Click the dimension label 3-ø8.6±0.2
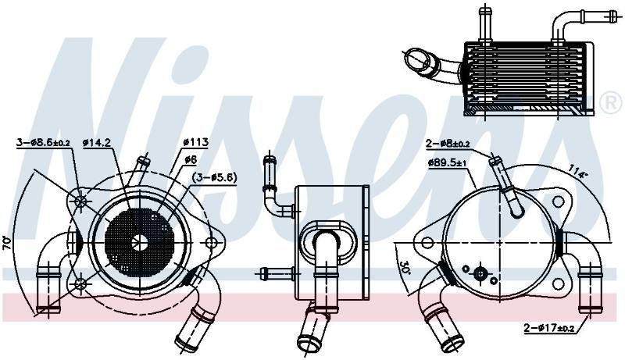(x=43, y=142)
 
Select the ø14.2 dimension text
(x=96, y=142)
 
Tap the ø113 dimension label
(x=196, y=142)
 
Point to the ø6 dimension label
(x=191, y=159)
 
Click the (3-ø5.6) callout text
(x=214, y=177)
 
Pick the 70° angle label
(x=7, y=244)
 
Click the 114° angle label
(x=578, y=171)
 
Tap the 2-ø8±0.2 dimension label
(x=448, y=144)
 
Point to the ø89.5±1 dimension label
(x=448, y=162)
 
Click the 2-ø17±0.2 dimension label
(x=550, y=328)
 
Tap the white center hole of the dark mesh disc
(x=140, y=242)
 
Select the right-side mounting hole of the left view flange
(x=211, y=242)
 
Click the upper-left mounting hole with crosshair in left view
(x=81, y=201)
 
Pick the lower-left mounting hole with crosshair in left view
(x=80, y=284)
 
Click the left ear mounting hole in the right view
(x=427, y=242)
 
